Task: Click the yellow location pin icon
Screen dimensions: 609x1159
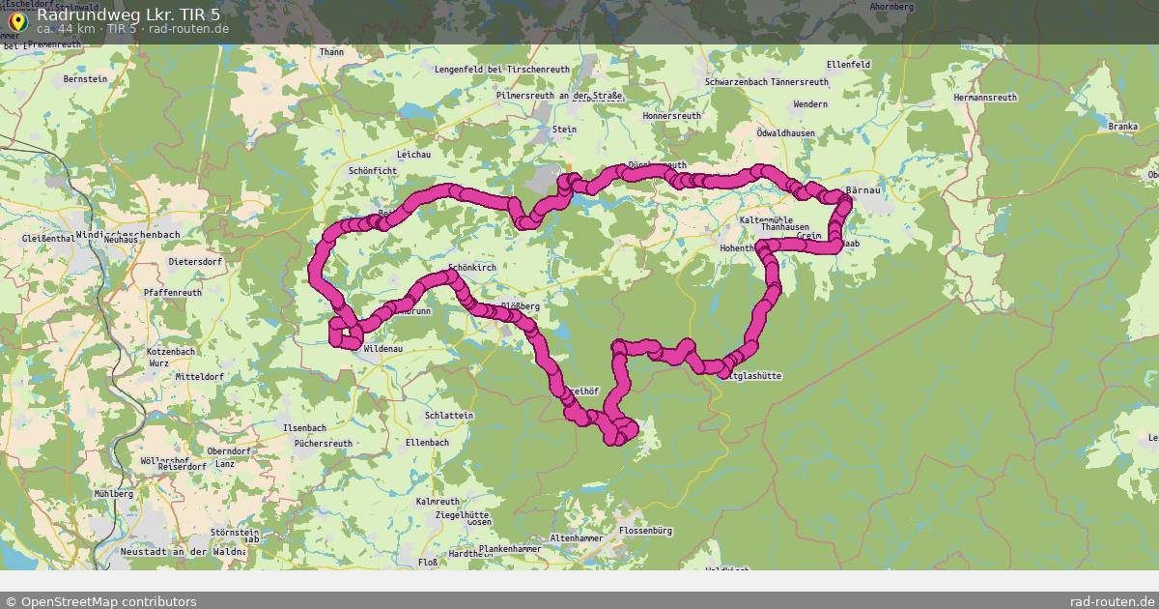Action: [16, 19]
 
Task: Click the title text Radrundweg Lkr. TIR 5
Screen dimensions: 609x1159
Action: [129, 14]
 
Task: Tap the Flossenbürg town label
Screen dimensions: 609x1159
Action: [646, 531]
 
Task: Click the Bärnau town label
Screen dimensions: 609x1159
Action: [862, 190]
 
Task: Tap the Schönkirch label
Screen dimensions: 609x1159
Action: [472, 266]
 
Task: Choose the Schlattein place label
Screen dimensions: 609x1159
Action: [449, 416]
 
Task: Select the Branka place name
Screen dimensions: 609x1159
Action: [1123, 127]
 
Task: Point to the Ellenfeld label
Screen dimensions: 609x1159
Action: [849, 64]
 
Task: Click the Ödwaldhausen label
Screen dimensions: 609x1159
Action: [785, 133]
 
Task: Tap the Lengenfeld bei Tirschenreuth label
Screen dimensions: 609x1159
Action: [502, 71]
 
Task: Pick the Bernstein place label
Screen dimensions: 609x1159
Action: [85, 79]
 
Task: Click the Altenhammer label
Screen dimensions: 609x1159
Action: [576, 538]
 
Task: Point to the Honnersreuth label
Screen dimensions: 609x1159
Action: [671, 116]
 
